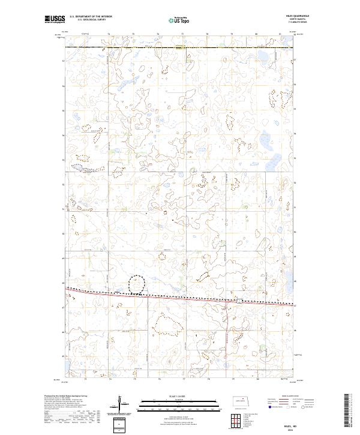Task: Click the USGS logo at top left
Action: pyautogui.click(x=55, y=20)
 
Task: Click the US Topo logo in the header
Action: pyautogui.click(x=181, y=20)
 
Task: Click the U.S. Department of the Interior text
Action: pyautogui.click(x=91, y=17)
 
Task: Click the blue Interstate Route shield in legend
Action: pyautogui.click(x=269, y=407)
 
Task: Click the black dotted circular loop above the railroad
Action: pyautogui.click(x=138, y=284)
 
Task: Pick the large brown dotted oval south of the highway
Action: pyautogui.click(x=167, y=325)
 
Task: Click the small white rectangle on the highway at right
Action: pyautogui.click(x=239, y=301)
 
